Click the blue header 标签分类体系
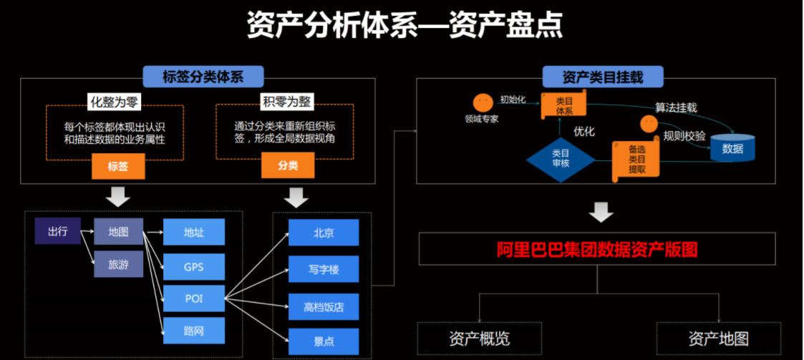pos(203,77)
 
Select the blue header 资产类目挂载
pos(603,77)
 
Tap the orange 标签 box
pos(118,165)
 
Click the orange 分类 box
pos(288,165)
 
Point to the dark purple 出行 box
pos(57,230)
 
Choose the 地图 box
pos(118,231)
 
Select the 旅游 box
pos(118,264)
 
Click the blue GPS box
pos(194,267)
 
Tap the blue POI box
pos(194,298)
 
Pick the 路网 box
pos(194,330)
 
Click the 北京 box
pos(324,233)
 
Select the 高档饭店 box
pos(324,306)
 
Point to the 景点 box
pos(324,341)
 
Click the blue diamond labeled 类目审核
pos(561,160)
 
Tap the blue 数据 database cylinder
pos(732,147)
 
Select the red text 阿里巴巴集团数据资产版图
pos(597,249)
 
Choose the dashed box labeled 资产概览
pos(480,339)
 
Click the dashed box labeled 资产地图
pos(718,339)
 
